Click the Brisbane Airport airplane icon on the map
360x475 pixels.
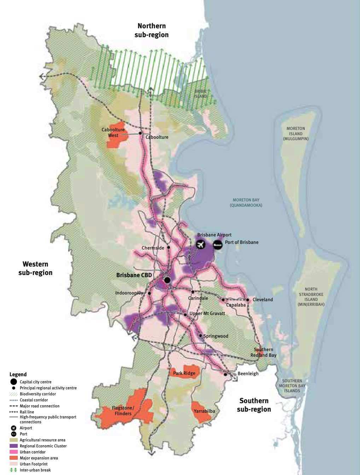point(201,244)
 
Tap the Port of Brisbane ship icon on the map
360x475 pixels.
point(217,244)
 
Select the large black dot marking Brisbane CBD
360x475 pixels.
point(167,280)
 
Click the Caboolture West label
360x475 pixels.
point(113,132)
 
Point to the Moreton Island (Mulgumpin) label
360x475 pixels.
point(296,134)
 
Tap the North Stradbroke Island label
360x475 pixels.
point(311,297)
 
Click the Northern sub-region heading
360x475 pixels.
point(151,30)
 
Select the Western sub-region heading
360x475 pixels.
point(35,268)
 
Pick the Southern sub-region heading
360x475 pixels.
point(254,405)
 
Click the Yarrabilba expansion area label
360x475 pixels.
point(204,411)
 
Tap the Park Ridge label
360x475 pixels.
point(184,373)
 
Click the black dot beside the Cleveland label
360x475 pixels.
point(248,300)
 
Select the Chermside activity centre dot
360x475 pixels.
point(169,247)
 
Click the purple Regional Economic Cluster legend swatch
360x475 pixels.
point(14,446)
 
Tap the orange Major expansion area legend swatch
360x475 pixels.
point(14,458)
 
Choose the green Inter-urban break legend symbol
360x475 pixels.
point(14,470)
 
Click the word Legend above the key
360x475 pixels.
point(18,374)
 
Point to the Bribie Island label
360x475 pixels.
point(201,94)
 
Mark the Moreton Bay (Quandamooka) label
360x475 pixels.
point(246,203)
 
